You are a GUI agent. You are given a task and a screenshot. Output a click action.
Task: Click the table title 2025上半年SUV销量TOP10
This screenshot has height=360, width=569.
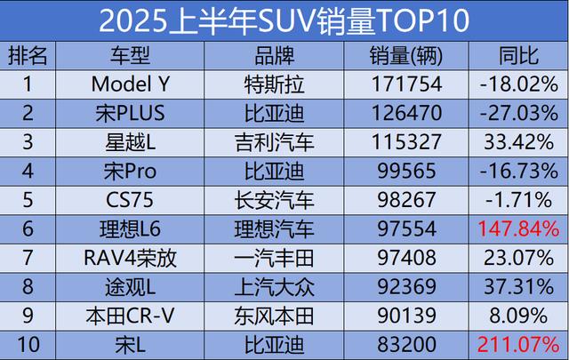[x=284, y=20]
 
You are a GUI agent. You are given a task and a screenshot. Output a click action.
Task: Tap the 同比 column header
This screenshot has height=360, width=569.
[x=519, y=57]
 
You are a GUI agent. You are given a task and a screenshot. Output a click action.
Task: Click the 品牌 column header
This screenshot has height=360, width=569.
[x=278, y=57]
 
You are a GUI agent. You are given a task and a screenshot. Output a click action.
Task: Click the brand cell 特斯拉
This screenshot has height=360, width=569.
[x=278, y=85]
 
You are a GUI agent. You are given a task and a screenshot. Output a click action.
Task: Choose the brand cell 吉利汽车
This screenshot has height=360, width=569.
[x=278, y=142]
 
